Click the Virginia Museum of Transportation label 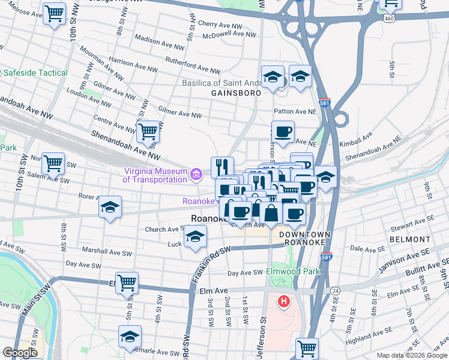tap(155, 175)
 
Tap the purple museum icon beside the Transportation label tap(196, 175)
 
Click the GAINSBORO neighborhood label tap(236, 94)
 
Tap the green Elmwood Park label tap(293, 272)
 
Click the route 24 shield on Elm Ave tap(336, 290)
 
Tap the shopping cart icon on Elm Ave tap(127, 282)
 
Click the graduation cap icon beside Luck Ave tap(194, 238)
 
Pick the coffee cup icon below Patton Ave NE tap(283, 131)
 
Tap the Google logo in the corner tap(20, 353)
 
